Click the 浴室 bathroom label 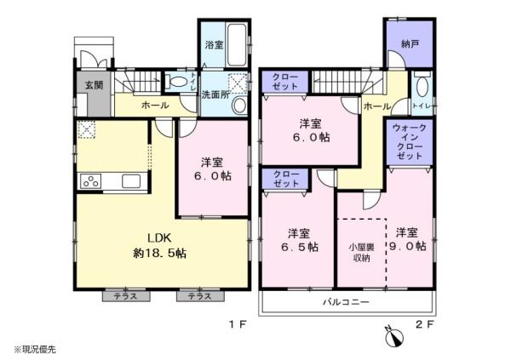pyautogui.click(x=214, y=44)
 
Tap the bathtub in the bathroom pyautogui.click(x=237, y=44)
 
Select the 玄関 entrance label pyautogui.click(x=95, y=85)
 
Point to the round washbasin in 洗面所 pyautogui.click(x=240, y=106)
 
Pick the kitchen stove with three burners pyautogui.click(x=91, y=181)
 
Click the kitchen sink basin pyautogui.click(x=131, y=181)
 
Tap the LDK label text pyautogui.click(x=159, y=237)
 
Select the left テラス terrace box pyautogui.click(x=126, y=296)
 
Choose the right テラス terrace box pyautogui.click(x=200, y=296)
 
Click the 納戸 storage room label pyautogui.click(x=410, y=43)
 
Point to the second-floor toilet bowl pyautogui.click(x=422, y=87)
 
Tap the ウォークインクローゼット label pyautogui.click(x=410, y=142)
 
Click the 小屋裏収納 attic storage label pyautogui.click(x=361, y=253)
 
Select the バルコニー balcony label pyautogui.click(x=346, y=302)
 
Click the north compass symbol pyautogui.click(x=394, y=337)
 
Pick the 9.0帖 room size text pyautogui.click(x=407, y=246)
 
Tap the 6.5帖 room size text pyautogui.click(x=300, y=247)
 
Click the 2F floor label pyautogui.click(x=425, y=324)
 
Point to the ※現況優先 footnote pyautogui.click(x=35, y=350)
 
